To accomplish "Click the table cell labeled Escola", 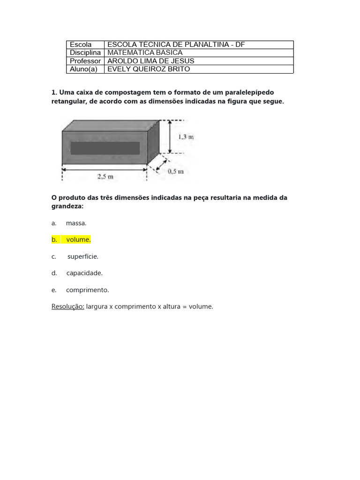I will [x=81, y=45].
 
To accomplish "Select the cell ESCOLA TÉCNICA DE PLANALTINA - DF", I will [x=176, y=45].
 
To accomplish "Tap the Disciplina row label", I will [x=85, y=52].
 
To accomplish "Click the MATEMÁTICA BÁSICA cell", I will [x=145, y=52].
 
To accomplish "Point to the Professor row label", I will [x=85, y=61].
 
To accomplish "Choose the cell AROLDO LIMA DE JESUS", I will [x=151, y=61].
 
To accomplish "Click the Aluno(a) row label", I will [x=83, y=69].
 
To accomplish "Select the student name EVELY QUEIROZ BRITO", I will [x=149, y=69].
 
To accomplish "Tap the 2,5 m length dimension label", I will [x=105, y=177].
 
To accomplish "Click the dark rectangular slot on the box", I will [x=105, y=148].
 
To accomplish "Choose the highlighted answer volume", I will [x=78, y=240].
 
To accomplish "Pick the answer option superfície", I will [x=83, y=256].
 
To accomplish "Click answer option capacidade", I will [x=84, y=273].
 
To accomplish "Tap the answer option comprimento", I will [x=87, y=290].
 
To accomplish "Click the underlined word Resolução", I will [x=67, y=307].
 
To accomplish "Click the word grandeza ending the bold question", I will [x=67, y=206].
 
